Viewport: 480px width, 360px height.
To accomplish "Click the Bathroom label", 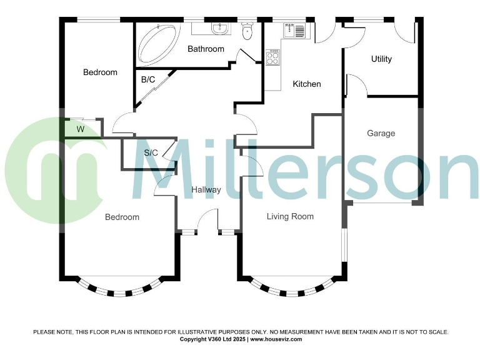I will pyautogui.click(x=206, y=49).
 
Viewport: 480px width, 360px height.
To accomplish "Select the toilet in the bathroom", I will pyautogui.click(x=247, y=31).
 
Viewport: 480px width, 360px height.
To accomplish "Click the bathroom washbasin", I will pyautogui.click(x=218, y=29).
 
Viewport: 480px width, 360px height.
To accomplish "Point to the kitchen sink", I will pyautogui.click(x=294, y=29).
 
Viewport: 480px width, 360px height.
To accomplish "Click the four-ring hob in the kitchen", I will pyautogui.click(x=272, y=58).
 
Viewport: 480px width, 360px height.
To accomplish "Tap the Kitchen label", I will pyautogui.click(x=307, y=84).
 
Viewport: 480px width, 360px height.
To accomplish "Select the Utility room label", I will pyautogui.click(x=381, y=59).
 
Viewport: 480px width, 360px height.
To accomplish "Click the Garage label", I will pyautogui.click(x=381, y=133).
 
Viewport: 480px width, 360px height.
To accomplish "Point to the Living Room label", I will pyautogui.click(x=290, y=217).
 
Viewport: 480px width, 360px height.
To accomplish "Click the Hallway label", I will pyautogui.click(x=206, y=189).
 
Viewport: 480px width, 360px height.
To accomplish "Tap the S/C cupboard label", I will pyautogui.click(x=151, y=153).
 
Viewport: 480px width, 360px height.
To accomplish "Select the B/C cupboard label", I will pyautogui.click(x=147, y=79).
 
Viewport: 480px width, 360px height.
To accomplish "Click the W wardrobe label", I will pyautogui.click(x=80, y=129).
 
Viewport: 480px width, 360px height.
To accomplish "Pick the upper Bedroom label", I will pyautogui.click(x=100, y=72).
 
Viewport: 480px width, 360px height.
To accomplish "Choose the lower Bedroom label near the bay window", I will pyautogui.click(x=122, y=217).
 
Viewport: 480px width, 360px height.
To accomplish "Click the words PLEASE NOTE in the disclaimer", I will pyautogui.click(x=52, y=332).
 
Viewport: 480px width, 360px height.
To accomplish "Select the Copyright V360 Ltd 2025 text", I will pyautogui.click(x=213, y=339).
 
